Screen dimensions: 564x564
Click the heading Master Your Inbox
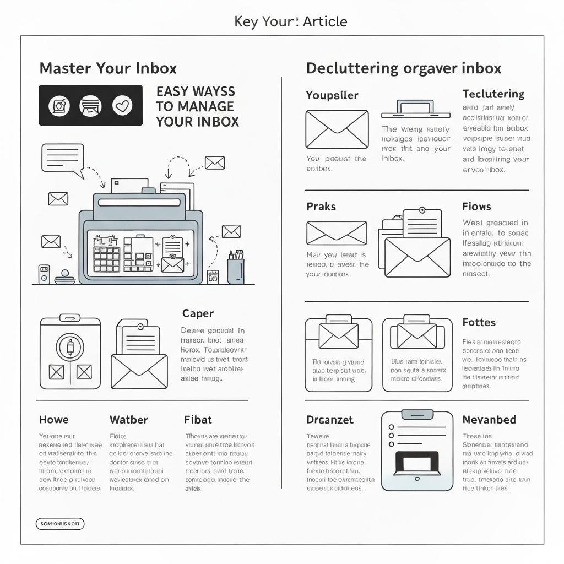click(108, 68)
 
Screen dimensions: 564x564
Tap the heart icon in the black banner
click(122, 105)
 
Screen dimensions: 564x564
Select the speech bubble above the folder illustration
click(62, 158)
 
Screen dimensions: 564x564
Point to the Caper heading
click(198, 313)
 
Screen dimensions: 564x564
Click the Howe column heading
click(54, 420)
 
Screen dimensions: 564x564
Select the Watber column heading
click(129, 420)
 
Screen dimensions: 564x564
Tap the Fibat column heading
click(198, 420)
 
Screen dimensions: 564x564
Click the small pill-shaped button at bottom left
click(59, 524)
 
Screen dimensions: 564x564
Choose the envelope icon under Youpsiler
click(337, 129)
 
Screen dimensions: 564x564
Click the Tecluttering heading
click(493, 94)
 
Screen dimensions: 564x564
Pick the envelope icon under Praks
click(337, 233)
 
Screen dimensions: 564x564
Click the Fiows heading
click(476, 207)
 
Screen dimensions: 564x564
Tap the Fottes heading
click(479, 322)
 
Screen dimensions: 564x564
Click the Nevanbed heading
click(489, 420)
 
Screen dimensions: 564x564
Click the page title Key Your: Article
click(291, 22)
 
